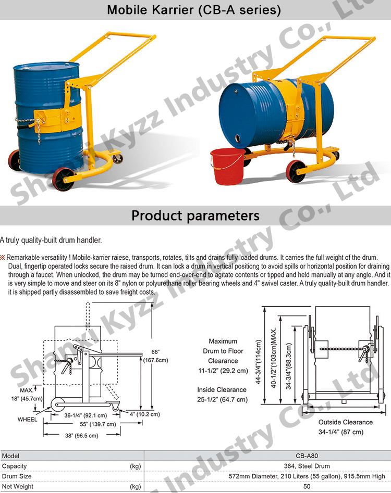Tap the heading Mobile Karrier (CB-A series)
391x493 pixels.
pos(194,10)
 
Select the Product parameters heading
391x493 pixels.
pos(195,216)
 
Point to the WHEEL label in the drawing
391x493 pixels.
pos(28,419)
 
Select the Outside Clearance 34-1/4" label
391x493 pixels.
pos(346,427)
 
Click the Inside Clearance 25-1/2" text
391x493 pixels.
pos(222,395)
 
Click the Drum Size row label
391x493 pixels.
pos(17,476)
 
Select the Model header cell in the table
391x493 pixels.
pos(11,456)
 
